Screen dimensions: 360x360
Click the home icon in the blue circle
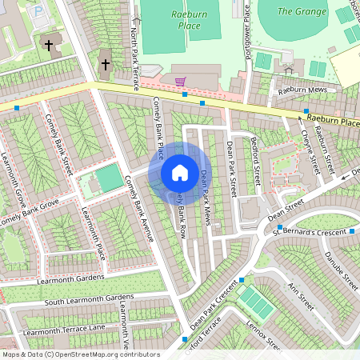click(180, 173)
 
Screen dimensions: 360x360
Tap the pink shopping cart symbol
click(181, 81)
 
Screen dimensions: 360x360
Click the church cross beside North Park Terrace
click(105, 64)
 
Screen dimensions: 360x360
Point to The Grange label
click(302, 11)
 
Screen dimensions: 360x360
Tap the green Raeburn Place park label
click(188, 20)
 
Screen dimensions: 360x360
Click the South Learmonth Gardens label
click(88, 301)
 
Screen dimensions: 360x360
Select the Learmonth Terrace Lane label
click(64, 330)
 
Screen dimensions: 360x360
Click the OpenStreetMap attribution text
click(80, 354)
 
